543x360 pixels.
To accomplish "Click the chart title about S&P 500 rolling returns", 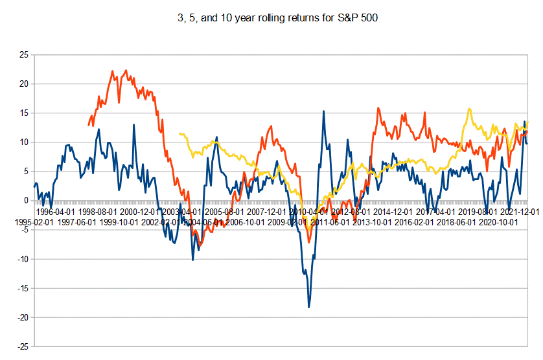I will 272,18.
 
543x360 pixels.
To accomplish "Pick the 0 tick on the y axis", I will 25,201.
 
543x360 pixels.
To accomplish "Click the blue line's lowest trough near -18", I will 309,307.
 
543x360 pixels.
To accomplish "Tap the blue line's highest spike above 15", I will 324,111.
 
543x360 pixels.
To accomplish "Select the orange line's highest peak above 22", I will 126,71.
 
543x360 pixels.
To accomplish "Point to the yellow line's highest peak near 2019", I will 469,109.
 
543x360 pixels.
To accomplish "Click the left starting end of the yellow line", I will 179,133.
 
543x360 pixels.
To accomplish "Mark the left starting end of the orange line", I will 89,125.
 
